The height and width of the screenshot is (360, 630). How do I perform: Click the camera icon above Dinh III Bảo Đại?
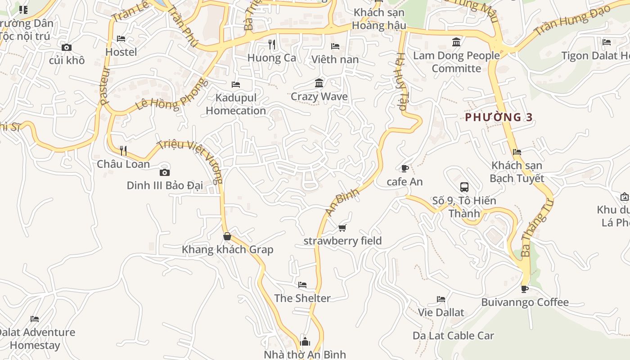coord(165,172)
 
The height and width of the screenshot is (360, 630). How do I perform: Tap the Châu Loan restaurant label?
coord(123,164)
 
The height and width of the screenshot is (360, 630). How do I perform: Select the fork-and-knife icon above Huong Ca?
coord(271,44)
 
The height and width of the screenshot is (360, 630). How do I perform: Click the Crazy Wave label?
coord(319,96)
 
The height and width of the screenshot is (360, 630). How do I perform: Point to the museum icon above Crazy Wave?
coord(319,83)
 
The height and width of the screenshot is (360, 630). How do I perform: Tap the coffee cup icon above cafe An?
coord(405,168)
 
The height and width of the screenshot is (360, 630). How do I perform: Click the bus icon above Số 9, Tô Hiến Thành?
coord(464,187)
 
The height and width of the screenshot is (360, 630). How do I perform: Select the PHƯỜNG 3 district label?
coord(499,117)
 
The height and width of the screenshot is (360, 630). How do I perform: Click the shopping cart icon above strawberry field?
coord(342,228)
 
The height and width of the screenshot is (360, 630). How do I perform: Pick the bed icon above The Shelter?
coord(302,285)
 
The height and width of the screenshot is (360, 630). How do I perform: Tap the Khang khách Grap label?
coord(227,249)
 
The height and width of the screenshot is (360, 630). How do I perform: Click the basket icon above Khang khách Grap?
coord(227,236)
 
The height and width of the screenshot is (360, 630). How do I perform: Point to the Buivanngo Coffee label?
coord(525,302)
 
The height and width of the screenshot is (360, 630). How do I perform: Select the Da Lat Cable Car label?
coord(453,336)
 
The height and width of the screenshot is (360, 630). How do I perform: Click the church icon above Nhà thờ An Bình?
coord(305,342)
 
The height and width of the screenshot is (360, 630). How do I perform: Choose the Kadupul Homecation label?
coord(236,104)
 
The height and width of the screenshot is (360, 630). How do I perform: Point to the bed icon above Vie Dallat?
coord(441,299)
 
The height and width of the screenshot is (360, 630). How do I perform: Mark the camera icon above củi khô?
coord(67,47)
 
